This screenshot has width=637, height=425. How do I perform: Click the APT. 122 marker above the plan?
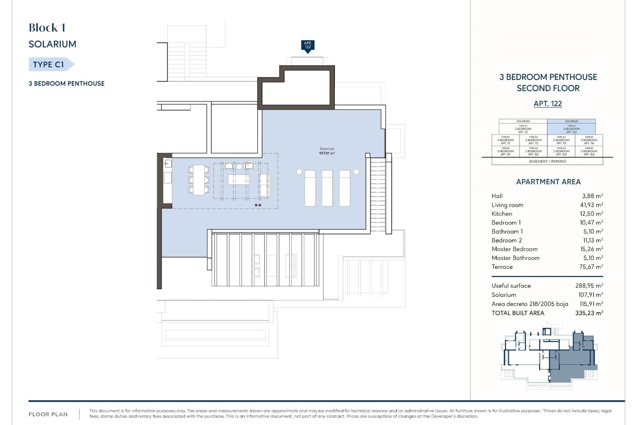(308, 45)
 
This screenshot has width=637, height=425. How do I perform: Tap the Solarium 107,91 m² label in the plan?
(327, 151)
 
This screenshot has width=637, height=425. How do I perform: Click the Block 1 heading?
(47, 28)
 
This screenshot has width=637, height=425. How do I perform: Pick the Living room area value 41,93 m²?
(591, 205)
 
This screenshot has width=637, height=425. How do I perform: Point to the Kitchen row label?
(502, 214)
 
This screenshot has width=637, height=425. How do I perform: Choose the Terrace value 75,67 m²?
(591, 267)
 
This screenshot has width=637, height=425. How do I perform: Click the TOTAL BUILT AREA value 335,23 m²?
(589, 313)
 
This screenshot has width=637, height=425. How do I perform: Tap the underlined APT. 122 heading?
(548, 104)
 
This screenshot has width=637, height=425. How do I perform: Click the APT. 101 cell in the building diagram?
(505, 151)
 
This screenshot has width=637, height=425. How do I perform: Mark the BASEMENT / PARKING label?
(547, 161)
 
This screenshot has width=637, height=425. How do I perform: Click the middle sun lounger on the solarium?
(327, 188)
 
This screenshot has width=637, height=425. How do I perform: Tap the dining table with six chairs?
(199, 180)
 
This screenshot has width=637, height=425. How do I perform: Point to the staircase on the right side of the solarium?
(378, 194)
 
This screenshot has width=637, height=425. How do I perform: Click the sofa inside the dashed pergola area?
(265, 185)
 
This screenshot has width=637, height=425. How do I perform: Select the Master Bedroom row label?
(514, 249)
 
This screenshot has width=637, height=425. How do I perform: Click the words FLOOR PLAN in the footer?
(48, 414)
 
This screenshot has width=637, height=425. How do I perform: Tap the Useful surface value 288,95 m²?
(589, 286)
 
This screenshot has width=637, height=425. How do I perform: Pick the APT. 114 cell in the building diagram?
(589, 140)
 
